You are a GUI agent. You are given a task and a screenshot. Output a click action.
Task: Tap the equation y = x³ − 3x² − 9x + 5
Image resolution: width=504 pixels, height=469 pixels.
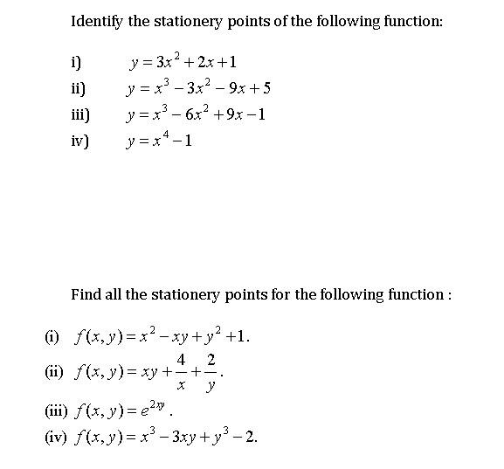click(198, 87)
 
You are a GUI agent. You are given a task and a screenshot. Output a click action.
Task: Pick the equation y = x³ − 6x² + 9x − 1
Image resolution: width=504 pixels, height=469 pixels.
click(196, 114)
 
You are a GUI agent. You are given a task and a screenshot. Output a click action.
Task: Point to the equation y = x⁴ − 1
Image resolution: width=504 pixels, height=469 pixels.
click(159, 140)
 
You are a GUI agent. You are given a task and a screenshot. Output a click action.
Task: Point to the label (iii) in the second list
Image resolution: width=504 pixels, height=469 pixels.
click(56, 409)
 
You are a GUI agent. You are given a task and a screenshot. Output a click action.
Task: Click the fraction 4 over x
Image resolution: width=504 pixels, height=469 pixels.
click(182, 370)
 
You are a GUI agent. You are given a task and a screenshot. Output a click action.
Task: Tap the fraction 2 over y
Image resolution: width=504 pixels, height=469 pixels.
click(211, 370)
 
